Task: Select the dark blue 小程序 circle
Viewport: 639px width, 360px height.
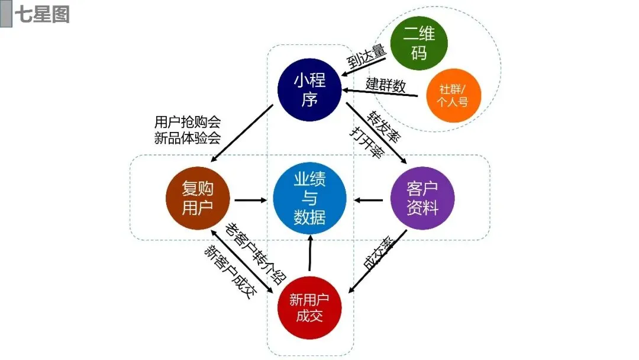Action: coord(309,89)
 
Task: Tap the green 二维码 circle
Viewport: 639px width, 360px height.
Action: coord(419,43)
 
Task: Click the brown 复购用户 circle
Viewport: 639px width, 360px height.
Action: coord(198,198)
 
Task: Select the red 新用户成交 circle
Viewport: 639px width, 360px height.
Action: coord(309,307)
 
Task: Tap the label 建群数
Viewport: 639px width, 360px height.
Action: coord(385,84)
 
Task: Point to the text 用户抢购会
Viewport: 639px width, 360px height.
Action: coord(187,122)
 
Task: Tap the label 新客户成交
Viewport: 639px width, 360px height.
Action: coord(228,271)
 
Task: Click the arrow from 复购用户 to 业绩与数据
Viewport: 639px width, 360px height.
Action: coord(250,199)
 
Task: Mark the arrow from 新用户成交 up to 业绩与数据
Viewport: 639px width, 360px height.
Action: coord(309,255)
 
